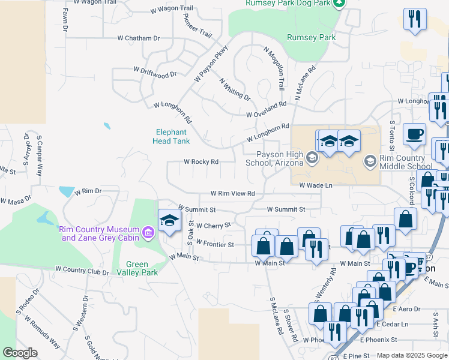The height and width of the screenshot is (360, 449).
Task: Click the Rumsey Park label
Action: tap(311, 37)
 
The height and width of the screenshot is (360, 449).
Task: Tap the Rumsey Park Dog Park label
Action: tap(288, 4)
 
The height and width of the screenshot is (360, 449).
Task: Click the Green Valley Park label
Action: tap(142, 268)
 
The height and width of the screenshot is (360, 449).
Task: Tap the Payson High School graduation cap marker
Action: tap(311, 158)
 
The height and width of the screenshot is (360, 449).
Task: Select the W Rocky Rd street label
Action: tap(200, 161)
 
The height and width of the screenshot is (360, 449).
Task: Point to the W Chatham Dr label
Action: tap(139, 38)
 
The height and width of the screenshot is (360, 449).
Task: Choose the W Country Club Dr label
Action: tap(82, 271)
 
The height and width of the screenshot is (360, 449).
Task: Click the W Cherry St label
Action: tap(214, 226)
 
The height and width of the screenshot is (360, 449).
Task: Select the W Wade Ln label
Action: tap(316, 185)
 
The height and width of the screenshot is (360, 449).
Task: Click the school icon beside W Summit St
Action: tap(169, 221)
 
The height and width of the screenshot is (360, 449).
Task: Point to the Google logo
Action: tap(19, 353)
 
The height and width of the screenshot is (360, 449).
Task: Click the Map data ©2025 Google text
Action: tap(412, 355)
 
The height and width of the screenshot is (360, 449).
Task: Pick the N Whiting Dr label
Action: tap(235, 89)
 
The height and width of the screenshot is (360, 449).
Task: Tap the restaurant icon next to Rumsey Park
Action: tap(414, 19)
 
